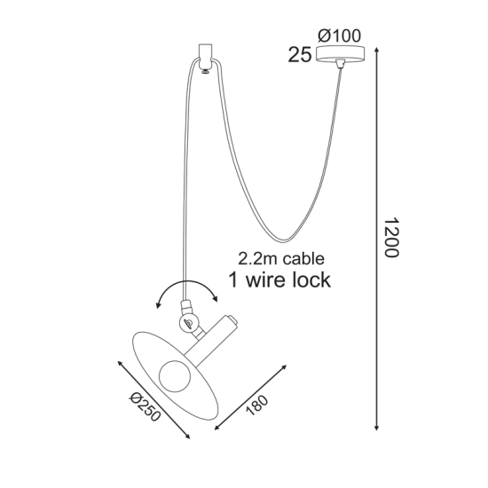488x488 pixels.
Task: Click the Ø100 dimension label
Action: coord(339,35)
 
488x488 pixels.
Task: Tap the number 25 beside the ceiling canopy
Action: coord(299,55)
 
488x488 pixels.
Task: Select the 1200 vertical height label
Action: coord(391,238)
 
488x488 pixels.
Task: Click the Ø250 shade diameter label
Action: coord(145,406)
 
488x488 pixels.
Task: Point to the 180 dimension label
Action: coord(256,405)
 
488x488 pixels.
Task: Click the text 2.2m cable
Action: coord(281,258)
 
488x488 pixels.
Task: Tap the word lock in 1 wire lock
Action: coord(311,279)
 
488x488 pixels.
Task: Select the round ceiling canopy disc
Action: coord(340,53)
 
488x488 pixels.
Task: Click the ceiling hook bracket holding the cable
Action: coord(205,56)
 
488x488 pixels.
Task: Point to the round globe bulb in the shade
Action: coord(175,376)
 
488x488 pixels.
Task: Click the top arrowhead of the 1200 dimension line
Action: coord(376,50)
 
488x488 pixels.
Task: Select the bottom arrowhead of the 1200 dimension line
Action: coord(376,428)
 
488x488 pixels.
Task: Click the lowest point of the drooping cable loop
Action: coord(284,240)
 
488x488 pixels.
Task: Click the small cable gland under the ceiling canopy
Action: coord(340,64)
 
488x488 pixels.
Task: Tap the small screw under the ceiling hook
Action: coord(205,72)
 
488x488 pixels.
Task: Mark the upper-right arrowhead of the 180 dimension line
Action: coord(284,367)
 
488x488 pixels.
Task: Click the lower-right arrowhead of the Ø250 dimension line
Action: coord(187,436)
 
